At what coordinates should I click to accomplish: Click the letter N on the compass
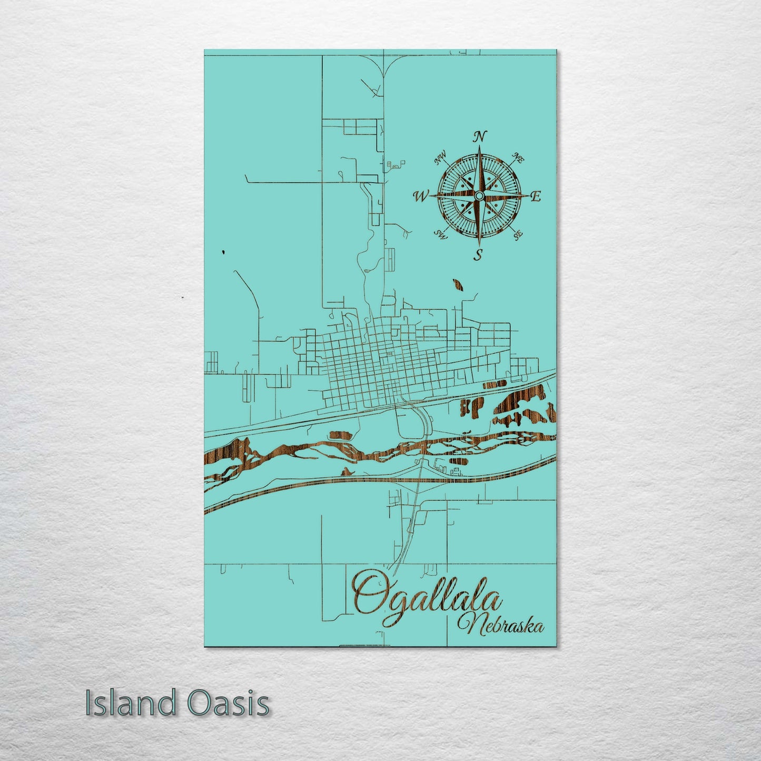479,137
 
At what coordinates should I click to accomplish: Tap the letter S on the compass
478,256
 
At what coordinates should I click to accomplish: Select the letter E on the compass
536,197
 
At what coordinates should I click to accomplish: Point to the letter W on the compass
421,197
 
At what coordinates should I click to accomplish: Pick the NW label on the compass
440,157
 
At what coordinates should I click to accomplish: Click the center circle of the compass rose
478,196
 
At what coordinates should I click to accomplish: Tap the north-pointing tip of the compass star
479,147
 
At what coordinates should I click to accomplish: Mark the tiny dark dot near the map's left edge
224,252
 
